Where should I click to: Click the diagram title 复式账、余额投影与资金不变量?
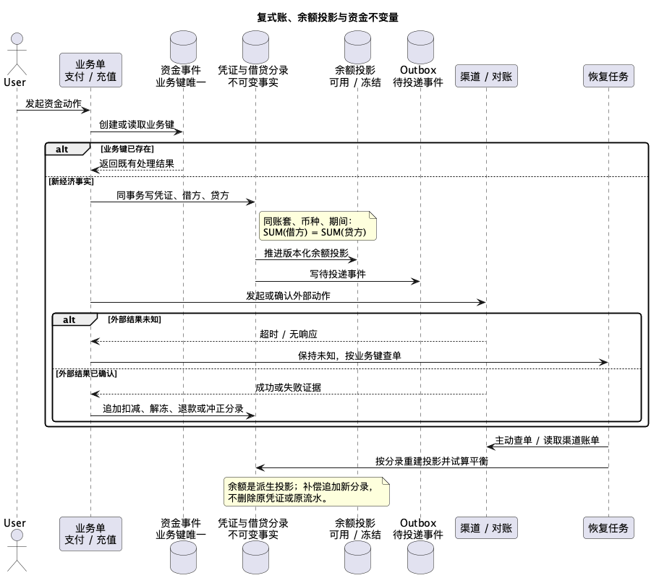[328, 17]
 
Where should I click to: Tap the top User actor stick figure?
[17, 54]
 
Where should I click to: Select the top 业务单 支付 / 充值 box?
[90, 70]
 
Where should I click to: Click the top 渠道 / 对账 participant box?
[486, 76]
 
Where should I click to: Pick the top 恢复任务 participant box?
[608, 76]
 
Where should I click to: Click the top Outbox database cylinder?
[420, 47]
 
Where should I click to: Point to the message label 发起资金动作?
[54, 104]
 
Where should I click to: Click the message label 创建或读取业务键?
[137, 125]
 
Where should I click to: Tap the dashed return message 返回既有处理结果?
[137, 170]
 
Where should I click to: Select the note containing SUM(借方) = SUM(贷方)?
[318, 226]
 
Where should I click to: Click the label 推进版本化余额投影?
[307, 253]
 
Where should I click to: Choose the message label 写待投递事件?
[338, 274]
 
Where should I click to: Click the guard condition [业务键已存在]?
[127, 149]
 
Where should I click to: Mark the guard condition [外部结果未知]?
[135, 319]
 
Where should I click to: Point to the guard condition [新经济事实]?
[72, 181]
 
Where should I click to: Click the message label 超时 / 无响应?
[289, 334]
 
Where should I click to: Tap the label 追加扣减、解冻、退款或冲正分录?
[173, 408]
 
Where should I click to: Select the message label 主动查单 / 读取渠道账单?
[547, 440]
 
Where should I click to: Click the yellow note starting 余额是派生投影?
[307, 491]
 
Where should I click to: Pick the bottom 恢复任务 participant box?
[608, 528]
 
